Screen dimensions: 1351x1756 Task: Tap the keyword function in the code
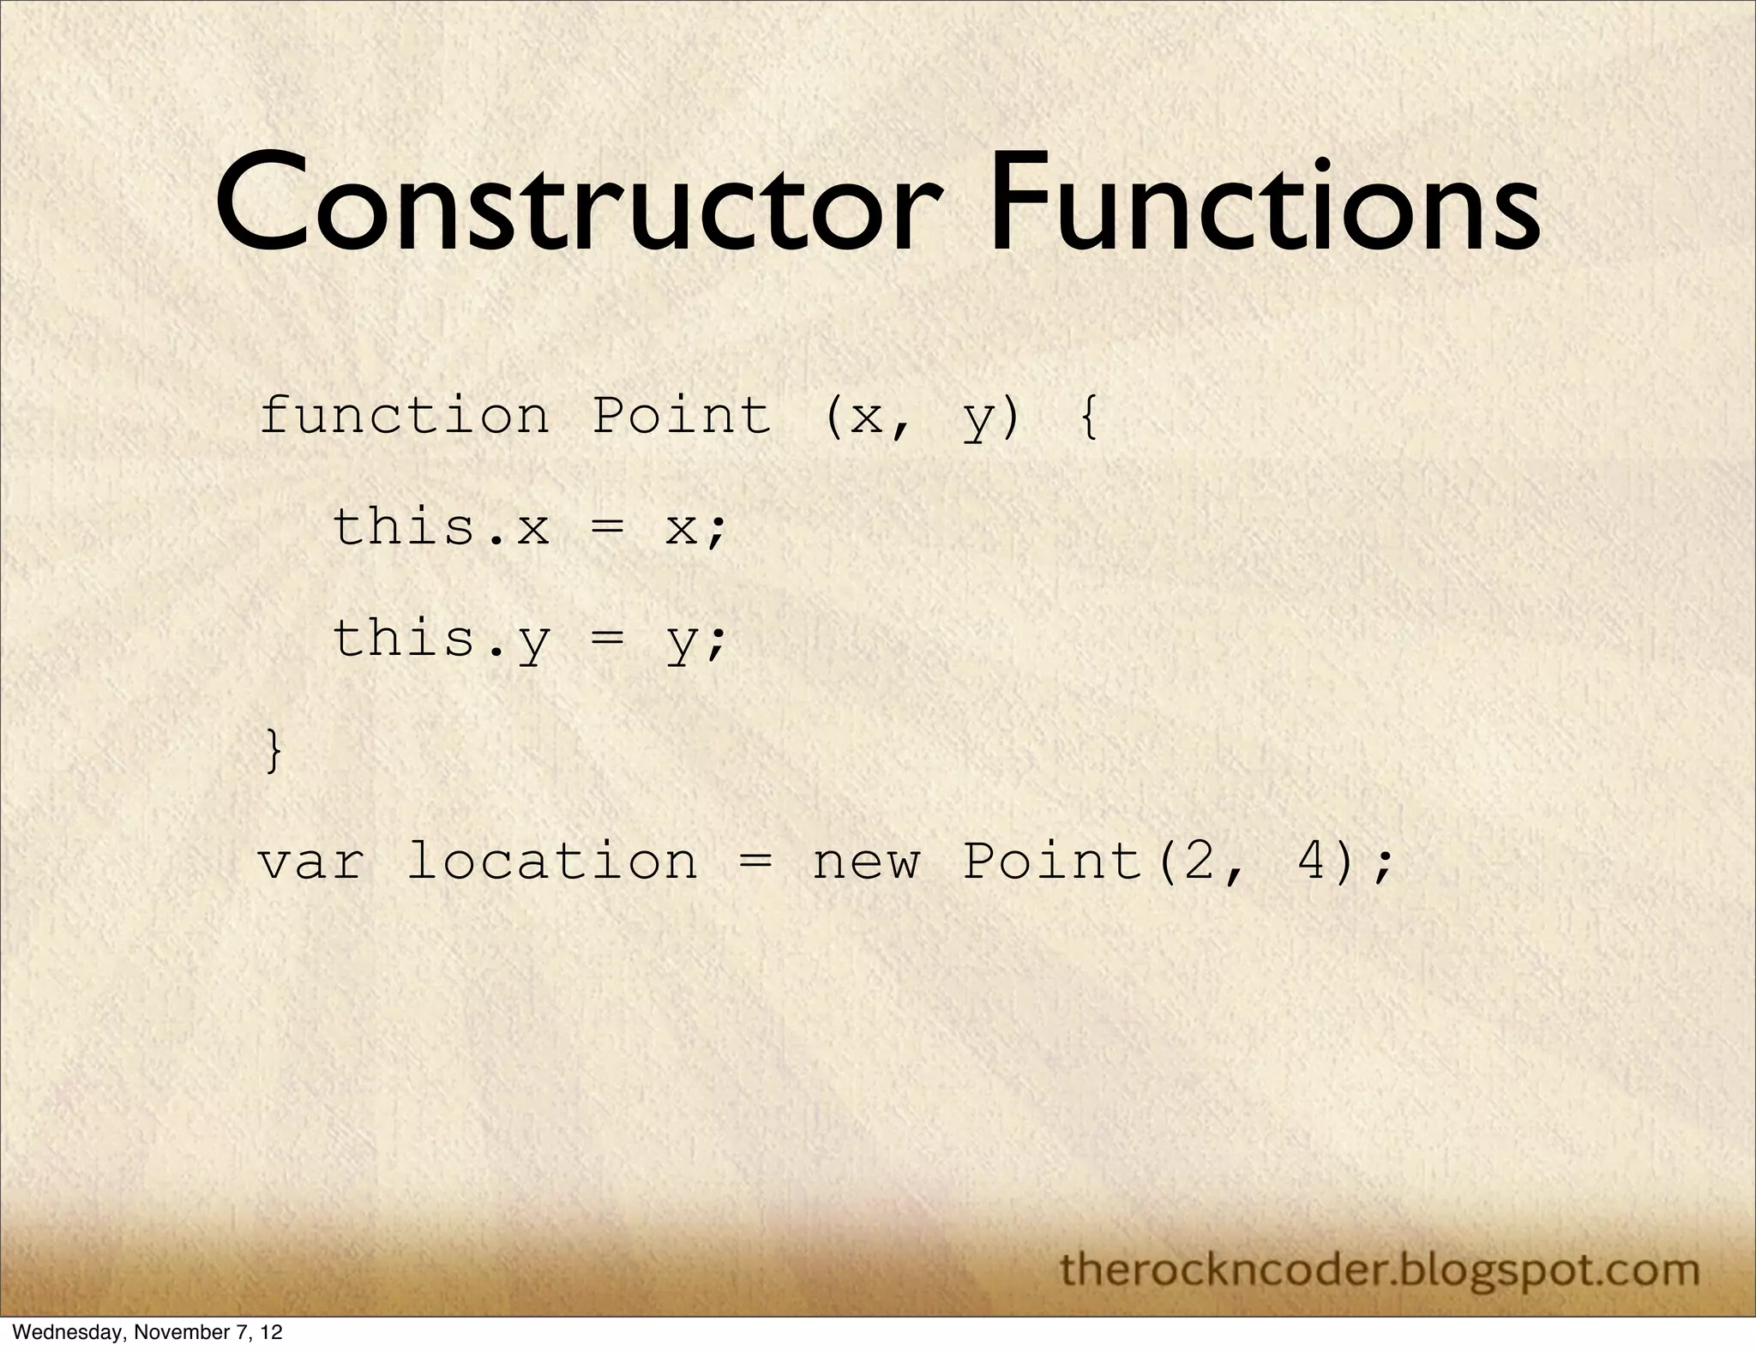[x=404, y=417]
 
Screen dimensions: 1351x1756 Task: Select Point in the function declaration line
[x=682, y=417]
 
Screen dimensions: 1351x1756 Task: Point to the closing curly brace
[x=274, y=751]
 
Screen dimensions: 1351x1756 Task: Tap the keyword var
[x=310, y=862]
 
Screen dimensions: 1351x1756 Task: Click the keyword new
[x=866, y=862]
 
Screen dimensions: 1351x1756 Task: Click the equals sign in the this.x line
[x=607, y=528]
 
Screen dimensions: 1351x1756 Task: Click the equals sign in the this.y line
[x=607, y=639]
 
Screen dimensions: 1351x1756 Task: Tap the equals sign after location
[x=755, y=862]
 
